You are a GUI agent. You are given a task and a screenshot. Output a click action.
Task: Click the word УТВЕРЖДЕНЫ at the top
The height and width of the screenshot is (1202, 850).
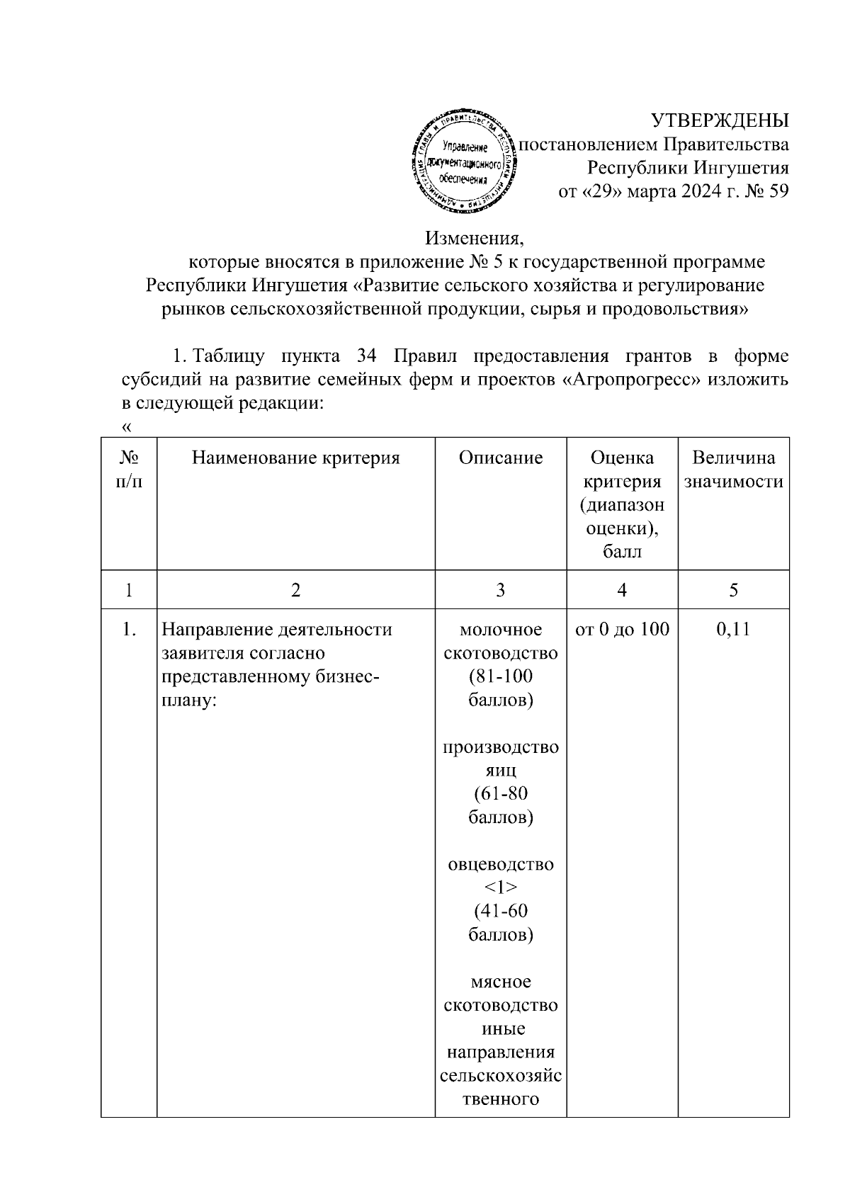coord(720,120)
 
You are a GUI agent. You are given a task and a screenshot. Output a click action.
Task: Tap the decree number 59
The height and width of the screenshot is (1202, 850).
coord(777,191)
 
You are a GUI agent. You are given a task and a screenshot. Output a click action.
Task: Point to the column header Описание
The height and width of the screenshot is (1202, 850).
coord(500,458)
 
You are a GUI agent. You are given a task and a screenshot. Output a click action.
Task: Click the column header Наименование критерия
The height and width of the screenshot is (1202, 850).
coord(295,458)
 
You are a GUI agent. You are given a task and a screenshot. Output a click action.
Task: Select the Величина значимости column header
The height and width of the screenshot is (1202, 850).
coord(733,470)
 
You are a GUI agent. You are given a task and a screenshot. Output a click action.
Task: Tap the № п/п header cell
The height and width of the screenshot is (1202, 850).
coord(128,470)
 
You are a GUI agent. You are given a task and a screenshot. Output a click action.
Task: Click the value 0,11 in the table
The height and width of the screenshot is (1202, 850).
coord(733,629)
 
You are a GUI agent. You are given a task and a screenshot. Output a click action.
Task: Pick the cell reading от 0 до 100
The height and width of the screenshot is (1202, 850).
coord(622,629)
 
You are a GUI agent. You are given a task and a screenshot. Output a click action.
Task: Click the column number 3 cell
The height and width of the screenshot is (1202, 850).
coord(500,590)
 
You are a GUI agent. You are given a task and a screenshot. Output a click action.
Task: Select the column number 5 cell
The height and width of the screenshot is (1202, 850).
coord(733,590)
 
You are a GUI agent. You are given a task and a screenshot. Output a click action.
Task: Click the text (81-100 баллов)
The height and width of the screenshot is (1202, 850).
coord(500,688)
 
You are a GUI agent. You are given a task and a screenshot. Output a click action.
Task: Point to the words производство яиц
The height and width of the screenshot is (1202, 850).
coord(500,758)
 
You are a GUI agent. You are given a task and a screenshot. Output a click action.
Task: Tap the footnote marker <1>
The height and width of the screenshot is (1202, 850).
coord(500,888)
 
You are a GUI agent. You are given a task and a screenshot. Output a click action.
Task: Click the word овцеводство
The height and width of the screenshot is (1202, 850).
coord(500,864)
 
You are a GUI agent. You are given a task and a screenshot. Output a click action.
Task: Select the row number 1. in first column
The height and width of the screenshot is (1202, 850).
coord(128,629)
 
